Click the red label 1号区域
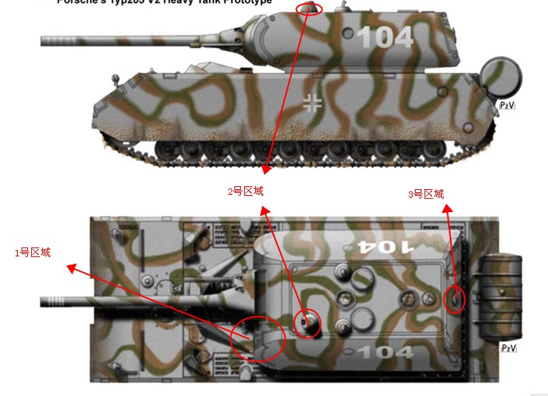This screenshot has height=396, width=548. click(33, 253)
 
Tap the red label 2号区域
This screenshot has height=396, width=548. click(246, 191)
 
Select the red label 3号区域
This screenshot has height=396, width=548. click(426, 194)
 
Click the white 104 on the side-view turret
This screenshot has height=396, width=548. click(385, 37)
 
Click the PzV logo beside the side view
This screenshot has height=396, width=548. click(507, 106)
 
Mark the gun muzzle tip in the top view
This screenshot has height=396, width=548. click(43, 301)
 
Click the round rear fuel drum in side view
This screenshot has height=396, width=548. click(501, 77)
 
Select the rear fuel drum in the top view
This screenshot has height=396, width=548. click(501, 296)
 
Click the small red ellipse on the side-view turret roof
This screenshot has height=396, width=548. click(309, 8)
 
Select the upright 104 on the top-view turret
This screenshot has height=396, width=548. click(385, 353)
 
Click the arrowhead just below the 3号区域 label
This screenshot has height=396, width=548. click(446, 209)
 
